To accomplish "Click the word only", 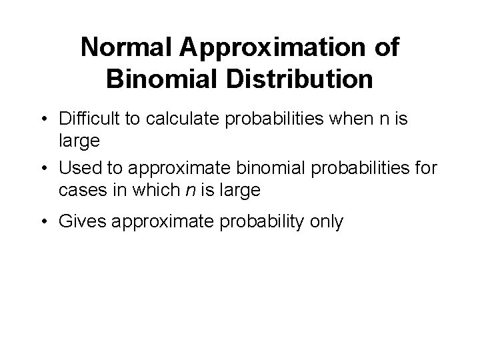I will click(x=326, y=222).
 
